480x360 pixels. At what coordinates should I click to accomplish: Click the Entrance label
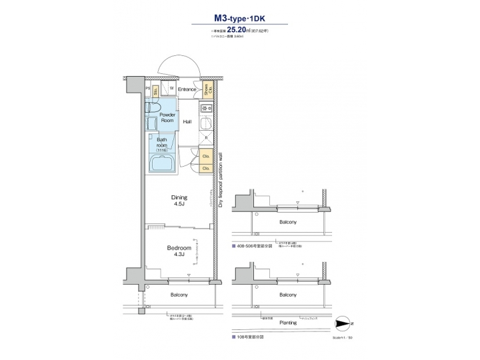187,89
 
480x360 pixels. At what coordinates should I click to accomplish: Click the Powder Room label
167,118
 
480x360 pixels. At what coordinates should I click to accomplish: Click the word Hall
188,122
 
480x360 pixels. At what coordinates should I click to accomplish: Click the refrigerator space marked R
206,139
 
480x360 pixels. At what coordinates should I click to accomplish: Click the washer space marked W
171,87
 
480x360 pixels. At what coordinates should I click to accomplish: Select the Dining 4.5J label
179,201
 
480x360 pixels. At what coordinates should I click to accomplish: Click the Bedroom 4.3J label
179,250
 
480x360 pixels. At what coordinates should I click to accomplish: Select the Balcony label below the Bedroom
179,295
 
